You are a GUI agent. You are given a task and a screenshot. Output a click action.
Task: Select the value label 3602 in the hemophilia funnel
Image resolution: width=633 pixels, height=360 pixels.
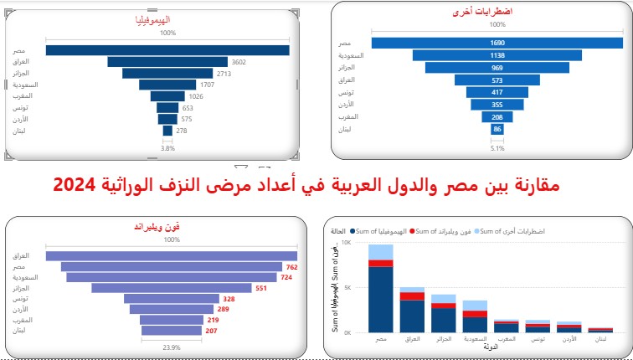pyautogui.click(x=239, y=61)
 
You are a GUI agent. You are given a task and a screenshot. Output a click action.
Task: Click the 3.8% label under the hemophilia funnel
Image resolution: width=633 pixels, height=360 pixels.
pyautogui.click(x=167, y=149)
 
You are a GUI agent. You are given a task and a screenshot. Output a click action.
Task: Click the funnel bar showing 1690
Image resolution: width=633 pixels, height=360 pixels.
pyautogui.click(x=497, y=43)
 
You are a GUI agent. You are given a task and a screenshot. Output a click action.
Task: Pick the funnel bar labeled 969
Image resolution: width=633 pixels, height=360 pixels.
pyautogui.click(x=497, y=68)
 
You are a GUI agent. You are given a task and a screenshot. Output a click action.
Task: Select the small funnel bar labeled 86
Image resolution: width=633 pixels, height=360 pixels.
pyautogui.click(x=497, y=129)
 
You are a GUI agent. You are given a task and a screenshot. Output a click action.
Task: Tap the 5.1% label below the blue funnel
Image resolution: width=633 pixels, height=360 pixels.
pyautogui.click(x=497, y=149)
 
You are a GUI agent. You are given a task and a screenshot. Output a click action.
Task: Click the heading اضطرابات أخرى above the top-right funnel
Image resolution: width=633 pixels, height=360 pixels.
pyautogui.click(x=497, y=14)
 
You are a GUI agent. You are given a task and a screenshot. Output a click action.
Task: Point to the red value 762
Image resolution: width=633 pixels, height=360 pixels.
pyautogui.click(x=292, y=267)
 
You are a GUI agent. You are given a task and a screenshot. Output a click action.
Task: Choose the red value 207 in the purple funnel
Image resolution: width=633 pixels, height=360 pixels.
pyautogui.click(x=210, y=332)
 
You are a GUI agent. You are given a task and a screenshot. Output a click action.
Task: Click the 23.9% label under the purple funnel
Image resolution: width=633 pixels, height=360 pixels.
pyautogui.click(x=172, y=347)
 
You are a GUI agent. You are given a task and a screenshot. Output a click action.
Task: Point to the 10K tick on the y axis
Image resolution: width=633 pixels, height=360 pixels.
pyautogui.click(x=358, y=244)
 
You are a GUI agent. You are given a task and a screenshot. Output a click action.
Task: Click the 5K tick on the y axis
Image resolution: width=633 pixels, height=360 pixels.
pyautogui.click(x=360, y=288)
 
